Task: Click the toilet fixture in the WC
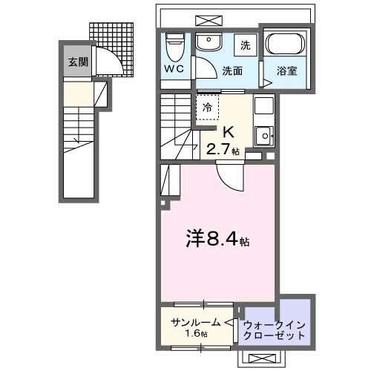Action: point(174,47)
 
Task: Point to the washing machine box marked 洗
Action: point(245,45)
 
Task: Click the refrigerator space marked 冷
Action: point(208,108)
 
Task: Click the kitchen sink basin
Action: point(262,135)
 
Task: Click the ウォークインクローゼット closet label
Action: point(274,329)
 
